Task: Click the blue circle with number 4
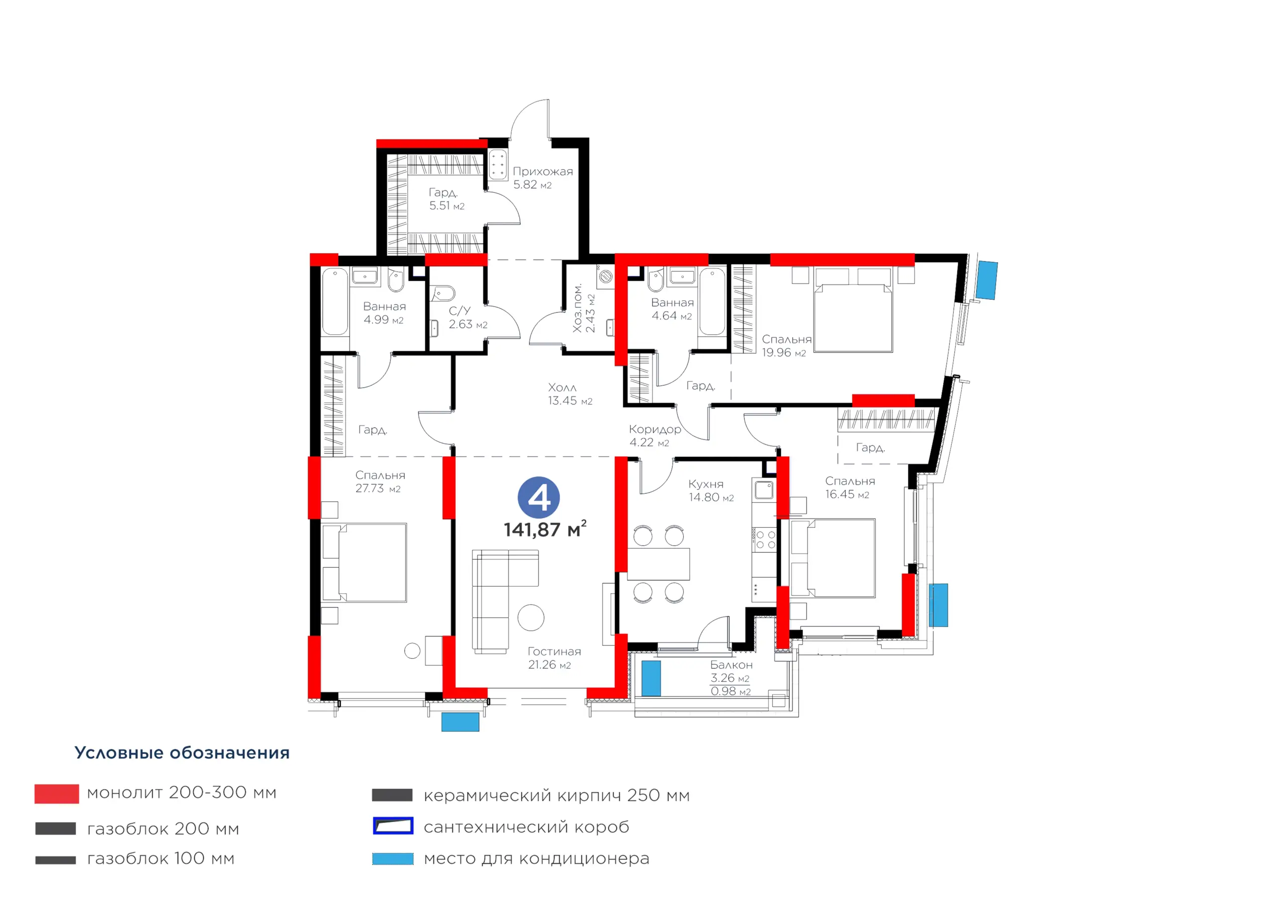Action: coord(539,497)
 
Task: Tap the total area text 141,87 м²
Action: coord(545,529)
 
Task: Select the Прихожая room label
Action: coord(543,172)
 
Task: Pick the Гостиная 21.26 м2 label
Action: coord(554,658)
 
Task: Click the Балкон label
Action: coord(731,665)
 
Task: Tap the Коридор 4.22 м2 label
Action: coord(655,436)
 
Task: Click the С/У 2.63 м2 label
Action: coord(468,318)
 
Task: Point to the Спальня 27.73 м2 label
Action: coord(380,482)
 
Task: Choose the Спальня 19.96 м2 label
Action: coord(786,346)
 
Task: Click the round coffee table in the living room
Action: coord(531,617)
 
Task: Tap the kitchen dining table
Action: coord(659,564)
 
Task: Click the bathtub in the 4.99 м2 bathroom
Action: coord(335,302)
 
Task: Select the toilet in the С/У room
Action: coord(444,293)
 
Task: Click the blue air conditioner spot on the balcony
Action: coord(651,678)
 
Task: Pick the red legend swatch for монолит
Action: coord(57,794)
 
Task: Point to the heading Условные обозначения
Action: coord(182,753)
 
